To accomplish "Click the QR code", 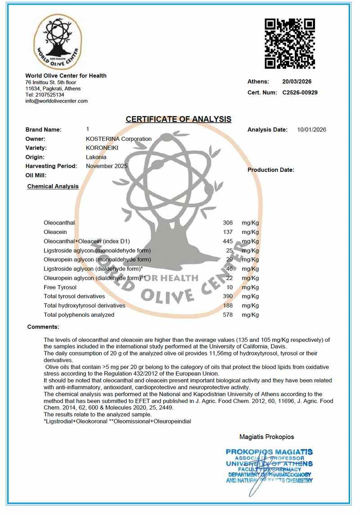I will (289, 43).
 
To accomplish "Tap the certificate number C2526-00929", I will (300, 93).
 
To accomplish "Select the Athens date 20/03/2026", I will (297, 82).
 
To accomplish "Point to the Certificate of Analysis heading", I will (178, 119).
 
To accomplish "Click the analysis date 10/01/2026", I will (311, 130).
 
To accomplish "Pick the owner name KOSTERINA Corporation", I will (118, 139).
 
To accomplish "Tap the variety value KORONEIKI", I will (102, 148).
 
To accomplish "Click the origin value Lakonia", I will (96, 157).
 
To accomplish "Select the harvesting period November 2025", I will (107, 166).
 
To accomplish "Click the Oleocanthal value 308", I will (228, 223).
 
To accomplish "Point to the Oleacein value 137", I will (228, 232).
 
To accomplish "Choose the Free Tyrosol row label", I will (60, 287).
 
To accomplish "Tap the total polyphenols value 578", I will (228, 315).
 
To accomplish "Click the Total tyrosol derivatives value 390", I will (228, 296).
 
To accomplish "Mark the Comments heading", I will (43, 327).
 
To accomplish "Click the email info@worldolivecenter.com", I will (56, 101).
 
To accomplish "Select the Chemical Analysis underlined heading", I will (53, 186).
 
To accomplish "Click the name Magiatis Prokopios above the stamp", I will (267, 436).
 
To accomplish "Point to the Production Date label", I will (270, 170).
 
